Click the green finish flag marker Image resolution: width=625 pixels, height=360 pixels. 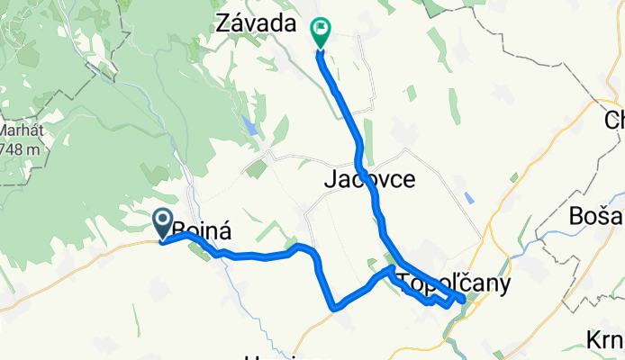coord(320,31)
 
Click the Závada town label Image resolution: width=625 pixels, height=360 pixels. coord(257,25)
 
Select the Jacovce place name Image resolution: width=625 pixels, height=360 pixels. coord(369,180)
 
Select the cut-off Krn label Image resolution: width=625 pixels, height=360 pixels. coord(604,340)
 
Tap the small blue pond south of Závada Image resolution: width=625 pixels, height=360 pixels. coord(250,124)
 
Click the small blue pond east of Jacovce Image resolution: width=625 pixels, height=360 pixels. coord(468,196)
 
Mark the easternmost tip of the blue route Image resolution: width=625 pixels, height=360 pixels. coord(463,299)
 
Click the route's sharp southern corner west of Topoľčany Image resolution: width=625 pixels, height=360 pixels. coord(334,308)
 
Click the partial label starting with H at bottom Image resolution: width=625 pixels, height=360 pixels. coord(270,356)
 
